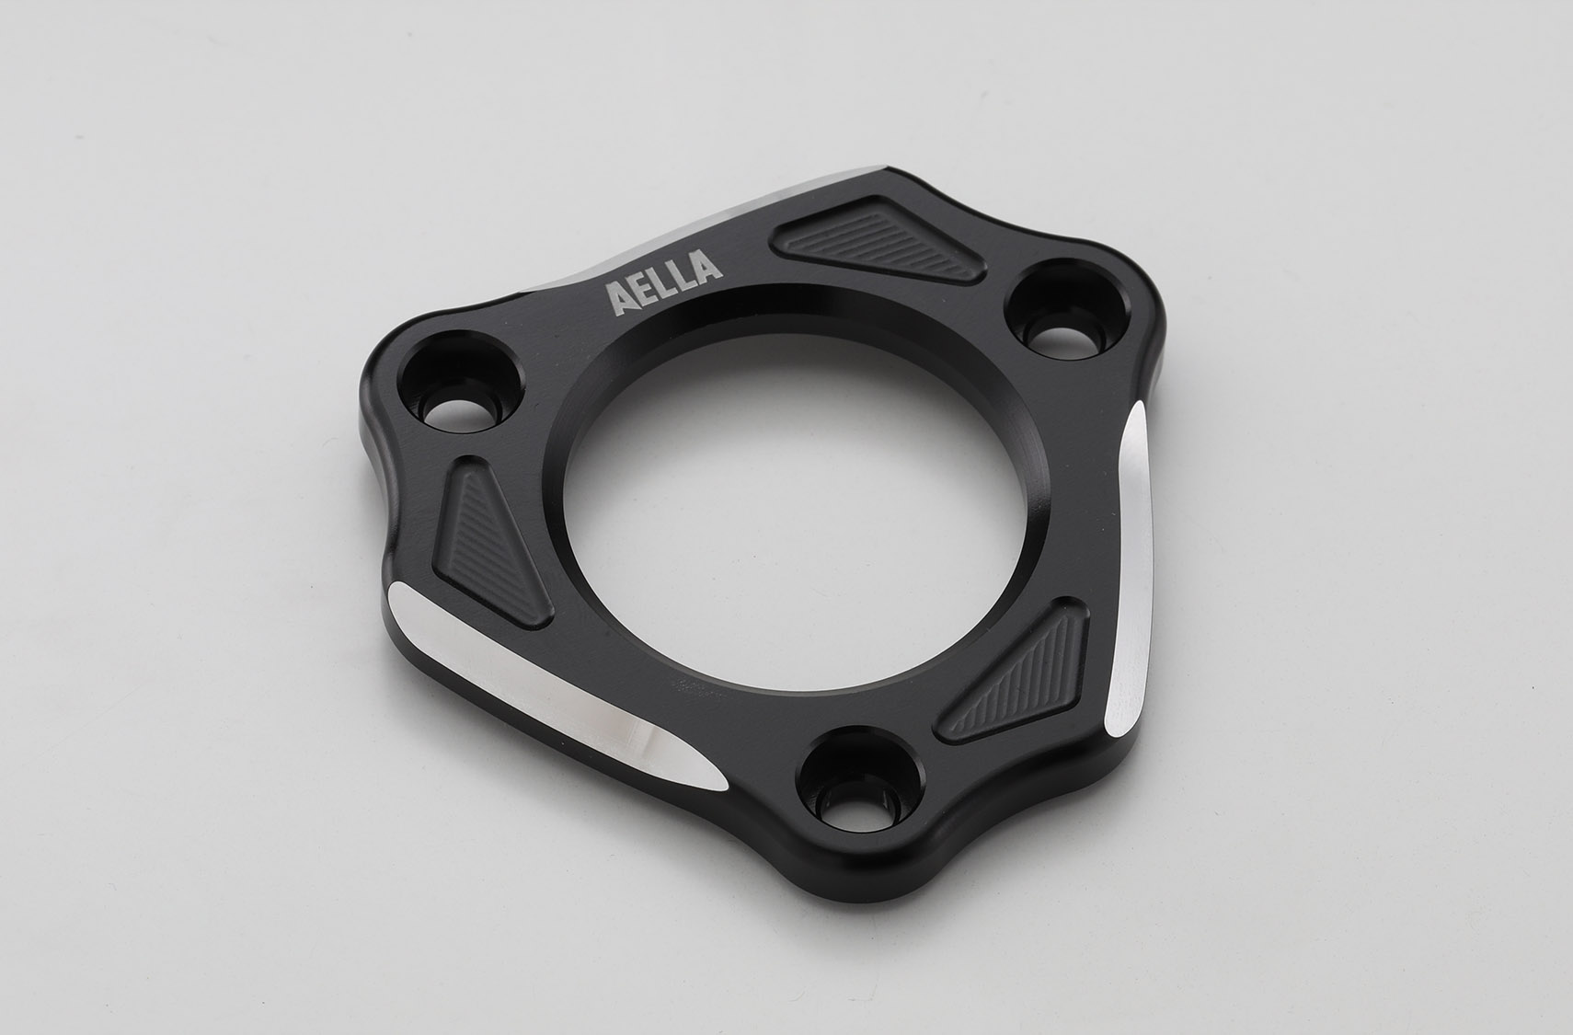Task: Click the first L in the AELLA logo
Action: coord(662,284)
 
